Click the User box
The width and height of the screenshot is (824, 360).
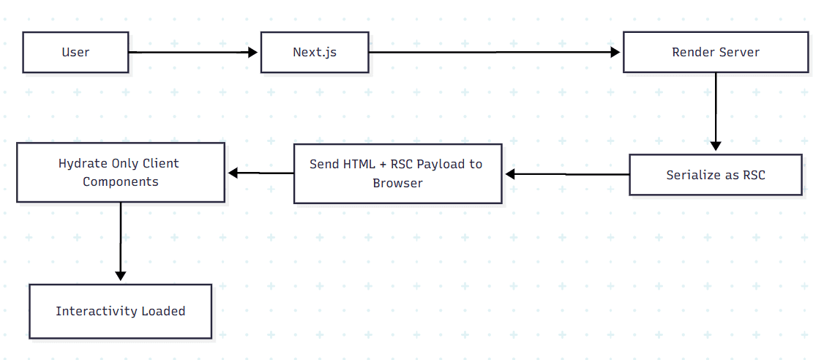(75, 52)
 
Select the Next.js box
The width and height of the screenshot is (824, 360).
(315, 52)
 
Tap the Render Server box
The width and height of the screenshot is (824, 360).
(716, 52)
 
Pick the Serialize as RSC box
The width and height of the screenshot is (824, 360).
(715, 175)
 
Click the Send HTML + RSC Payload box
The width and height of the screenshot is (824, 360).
(397, 173)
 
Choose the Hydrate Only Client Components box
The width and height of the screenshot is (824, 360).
(120, 173)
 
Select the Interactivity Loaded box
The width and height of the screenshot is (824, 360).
(120, 311)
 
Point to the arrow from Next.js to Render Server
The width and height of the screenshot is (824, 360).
(494, 52)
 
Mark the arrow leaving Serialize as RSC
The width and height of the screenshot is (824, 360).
(567, 174)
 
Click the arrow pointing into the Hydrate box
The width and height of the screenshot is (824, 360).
(260, 173)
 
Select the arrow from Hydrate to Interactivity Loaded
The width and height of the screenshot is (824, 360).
(120, 241)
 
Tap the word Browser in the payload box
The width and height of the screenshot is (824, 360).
(397, 183)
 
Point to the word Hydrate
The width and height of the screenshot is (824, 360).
(83, 163)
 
